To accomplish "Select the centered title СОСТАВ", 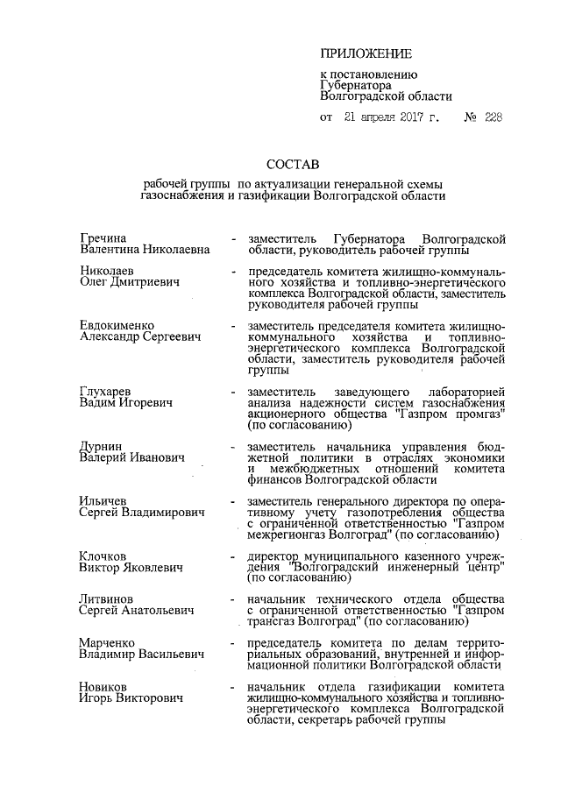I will point(294,164).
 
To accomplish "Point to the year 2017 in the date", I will point(408,116).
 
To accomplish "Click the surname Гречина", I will point(103,238).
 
